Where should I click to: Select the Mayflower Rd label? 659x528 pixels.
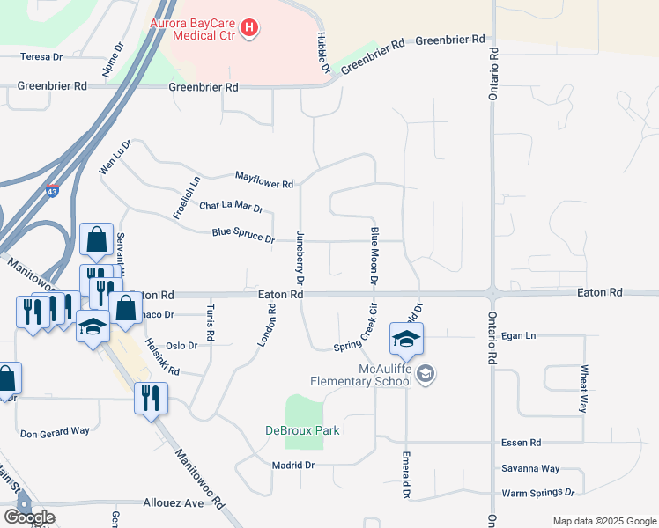[x=263, y=183]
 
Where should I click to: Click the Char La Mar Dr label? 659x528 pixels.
[x=231, y=207]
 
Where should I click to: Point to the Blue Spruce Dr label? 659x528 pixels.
[x=243, y=236]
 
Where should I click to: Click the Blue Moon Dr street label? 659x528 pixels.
[x=374, y=254]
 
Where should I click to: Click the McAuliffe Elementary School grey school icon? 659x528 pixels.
[x=426, y=375]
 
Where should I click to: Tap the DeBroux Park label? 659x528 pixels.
[x=302, y=430]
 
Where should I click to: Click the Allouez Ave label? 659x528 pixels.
[x=173, y=503]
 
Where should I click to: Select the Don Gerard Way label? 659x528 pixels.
[x=55, y=432]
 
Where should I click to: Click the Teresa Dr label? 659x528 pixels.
[x=42, y=56]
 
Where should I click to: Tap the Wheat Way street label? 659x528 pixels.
[x=582, y=389]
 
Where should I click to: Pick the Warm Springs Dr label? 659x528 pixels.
[x=537, y=494]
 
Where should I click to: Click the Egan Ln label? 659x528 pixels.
[x=518, y=336]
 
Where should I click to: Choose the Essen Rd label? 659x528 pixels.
[x=521, y=443]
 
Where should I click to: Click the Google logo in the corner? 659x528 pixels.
[x=29, y=517]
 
